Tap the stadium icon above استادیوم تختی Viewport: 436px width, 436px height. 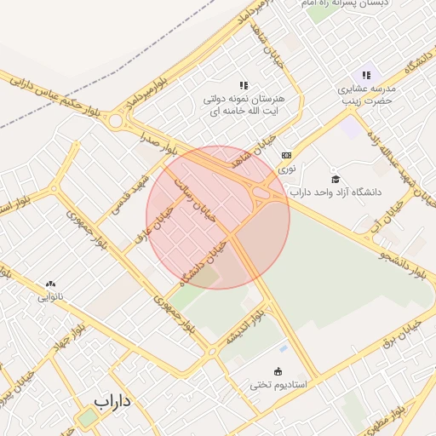pos(278,370)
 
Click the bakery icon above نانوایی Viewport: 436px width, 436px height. pos(50,284)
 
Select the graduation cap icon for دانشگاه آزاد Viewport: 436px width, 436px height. pos(336,179)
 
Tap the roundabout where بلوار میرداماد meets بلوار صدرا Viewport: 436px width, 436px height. pos(115,122)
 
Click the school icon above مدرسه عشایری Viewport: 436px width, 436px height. pos(366,75)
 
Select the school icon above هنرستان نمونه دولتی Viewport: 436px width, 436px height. pos(244,85)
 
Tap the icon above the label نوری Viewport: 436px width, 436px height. pos(286,155)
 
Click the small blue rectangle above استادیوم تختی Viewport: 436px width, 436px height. pos(282,349)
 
